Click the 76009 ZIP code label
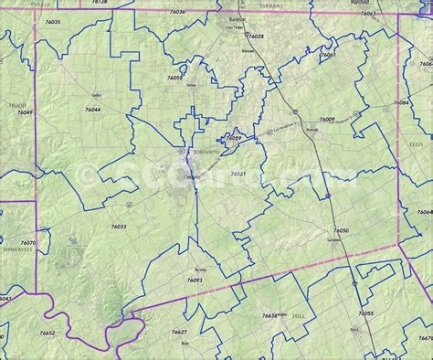[x=326, y=120]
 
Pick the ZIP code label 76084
[x=401, y=103]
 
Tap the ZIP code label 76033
[x=119, y=226]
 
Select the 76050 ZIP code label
[x=341, y=231]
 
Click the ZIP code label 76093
[x=195, y=280]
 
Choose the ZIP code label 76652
[x=48, y=334]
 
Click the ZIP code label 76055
[x=365, y=312]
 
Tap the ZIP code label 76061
[x=327, y=55]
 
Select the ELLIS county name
[x=417, y=143]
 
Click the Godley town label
[x=97, y=95]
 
